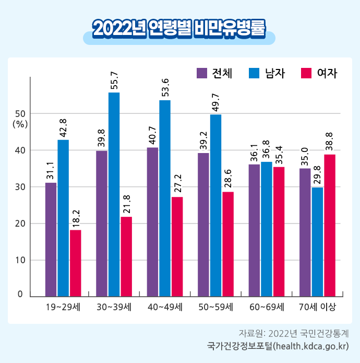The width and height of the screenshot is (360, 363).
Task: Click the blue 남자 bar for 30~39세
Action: [114, 194]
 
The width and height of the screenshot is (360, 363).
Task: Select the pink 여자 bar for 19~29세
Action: [76, 263]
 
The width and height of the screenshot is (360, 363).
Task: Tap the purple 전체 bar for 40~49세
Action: [152, 222]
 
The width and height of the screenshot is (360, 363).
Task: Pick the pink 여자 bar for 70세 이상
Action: [330, 225]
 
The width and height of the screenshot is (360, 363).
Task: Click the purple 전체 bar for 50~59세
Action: [203, 225]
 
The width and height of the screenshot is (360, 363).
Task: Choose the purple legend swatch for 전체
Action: [202, 73]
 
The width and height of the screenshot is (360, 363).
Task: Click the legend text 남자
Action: [275, 73]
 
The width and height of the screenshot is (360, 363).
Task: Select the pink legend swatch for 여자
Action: [307, 73]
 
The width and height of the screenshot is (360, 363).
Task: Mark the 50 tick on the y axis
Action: [20, 113]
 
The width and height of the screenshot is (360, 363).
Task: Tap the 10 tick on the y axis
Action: [20, 260]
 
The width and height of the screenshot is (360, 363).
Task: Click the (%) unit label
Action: [20, 124]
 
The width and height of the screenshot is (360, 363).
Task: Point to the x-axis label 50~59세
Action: [215, 307]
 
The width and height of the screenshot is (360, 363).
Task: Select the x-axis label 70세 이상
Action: [317, 307]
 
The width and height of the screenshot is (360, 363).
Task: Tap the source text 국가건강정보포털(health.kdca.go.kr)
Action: [277, 346]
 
